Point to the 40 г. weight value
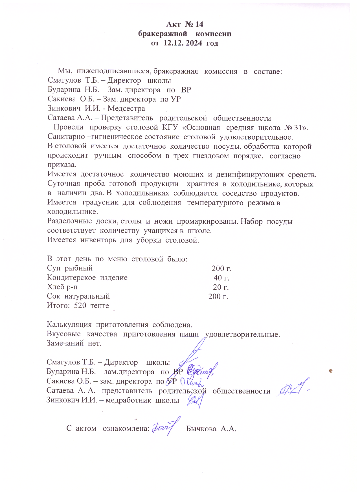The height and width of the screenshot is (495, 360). click(x=221, y=278)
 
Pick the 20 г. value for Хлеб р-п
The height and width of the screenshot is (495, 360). click(x=221, y=287)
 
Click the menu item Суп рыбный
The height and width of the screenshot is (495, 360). click(x=70, y=268)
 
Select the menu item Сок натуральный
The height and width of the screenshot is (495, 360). click(x=78, y=296)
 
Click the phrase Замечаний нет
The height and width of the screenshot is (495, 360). click(x=74, y=344)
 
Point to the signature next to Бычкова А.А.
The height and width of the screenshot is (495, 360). click(x=166, y=427)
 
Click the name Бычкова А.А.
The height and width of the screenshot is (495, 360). click(x=211, y=429)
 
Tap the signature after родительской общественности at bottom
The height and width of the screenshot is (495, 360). click(x=292, y=390)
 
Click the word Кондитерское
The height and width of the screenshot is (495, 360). click(x=72, y=278)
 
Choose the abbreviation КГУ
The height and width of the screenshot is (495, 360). click(x=170, y=127)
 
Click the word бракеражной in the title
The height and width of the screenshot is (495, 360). click(x=163, y=34)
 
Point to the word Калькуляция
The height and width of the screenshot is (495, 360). click(x=69, y=325)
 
